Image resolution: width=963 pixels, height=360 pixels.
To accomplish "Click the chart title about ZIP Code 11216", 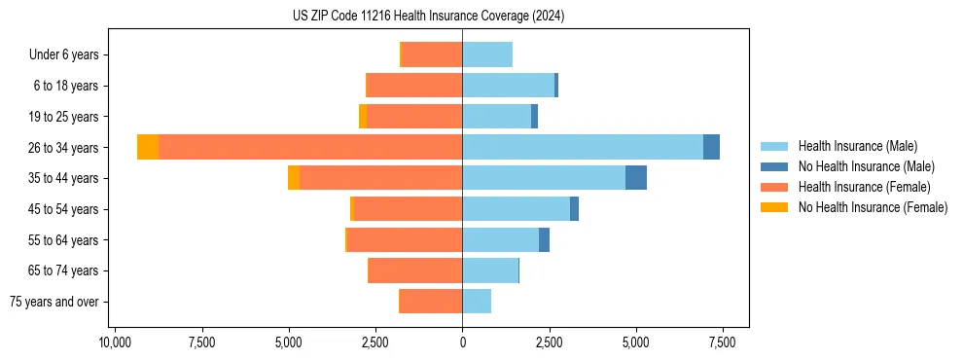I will pyautogui.click(x=428, y=17).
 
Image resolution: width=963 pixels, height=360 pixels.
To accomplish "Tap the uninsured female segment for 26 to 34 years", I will pyautogui.click(x=148, y=147).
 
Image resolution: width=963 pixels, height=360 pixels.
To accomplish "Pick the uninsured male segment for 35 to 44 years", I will pyautogui.click(x=635, y=178).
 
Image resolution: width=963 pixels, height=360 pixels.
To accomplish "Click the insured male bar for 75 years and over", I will pyautogui.click(x=477, y=302).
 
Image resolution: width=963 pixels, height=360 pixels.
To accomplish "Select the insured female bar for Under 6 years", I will pyautogui.click(x=431, y=54).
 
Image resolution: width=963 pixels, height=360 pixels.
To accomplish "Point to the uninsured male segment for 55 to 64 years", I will pyautogui.click(x=544, y=239).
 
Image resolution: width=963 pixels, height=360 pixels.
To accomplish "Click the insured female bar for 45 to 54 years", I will pyautogui.click(x=408, y=208).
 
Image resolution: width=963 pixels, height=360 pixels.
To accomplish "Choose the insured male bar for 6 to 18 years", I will pyautogui.click(x=508, y=86).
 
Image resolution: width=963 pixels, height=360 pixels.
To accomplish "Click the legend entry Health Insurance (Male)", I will pyautogui.click(x=856, y=146).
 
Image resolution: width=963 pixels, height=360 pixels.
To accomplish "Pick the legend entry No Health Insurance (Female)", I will pyautogui.click(x=873, y=207).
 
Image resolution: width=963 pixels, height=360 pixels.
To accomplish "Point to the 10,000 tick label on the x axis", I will pyautogui.click(x=115, y=342).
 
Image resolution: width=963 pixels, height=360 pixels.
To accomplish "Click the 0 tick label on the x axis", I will pyautogui.click(x=462, y=342).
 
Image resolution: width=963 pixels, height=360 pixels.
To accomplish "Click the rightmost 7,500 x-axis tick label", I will pyautogui.click(x=722, y=342).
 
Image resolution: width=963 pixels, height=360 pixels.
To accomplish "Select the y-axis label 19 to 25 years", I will pyautogui.click(x=63, y=117).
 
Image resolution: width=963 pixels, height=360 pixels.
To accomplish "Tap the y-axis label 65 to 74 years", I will pyautogui.click(x=63, y=270).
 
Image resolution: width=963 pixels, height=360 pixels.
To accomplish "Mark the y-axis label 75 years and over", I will pyautogui.click(x=54, y=302).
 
